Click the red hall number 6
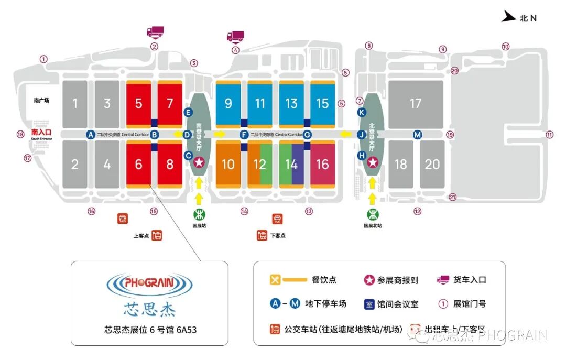(x=138, y=164)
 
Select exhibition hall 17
(x=416, y=103)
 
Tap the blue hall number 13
(x=291, y=103)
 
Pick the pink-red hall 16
(x=322, y=164)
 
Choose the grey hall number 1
(x=75, y=103)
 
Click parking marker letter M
(x=417, y=135)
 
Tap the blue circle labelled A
(x=91, y=135)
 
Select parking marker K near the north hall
(x=361, y=113)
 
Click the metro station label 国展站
(x=199, y=226)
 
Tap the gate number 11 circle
(x=549, y=134)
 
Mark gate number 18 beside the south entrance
(x=20, y=135)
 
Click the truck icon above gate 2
(x=155, y=32)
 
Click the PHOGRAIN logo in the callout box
(x=149, y=283)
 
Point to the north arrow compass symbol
(x=508, y=17)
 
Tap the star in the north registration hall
(x=372, y=163)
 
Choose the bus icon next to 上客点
(x=156, y=236)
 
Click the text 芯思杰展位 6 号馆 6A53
(x=150, y=330)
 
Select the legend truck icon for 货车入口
(x=443, y=280)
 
